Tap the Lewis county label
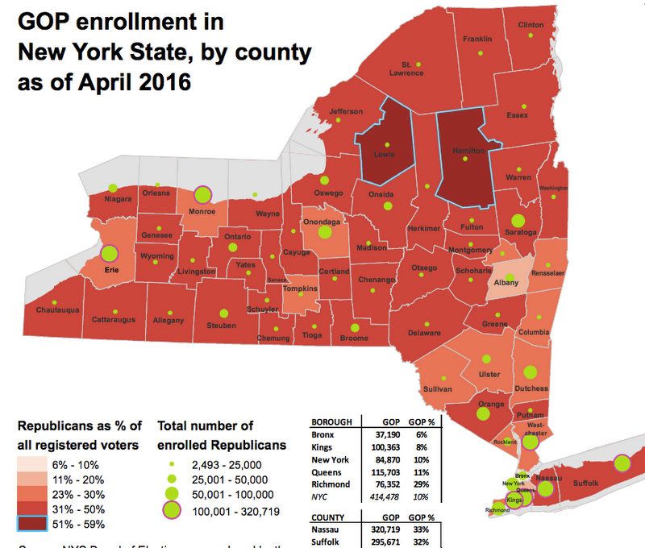pos(385,155)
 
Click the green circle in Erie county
pos(110,254)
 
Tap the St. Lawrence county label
pos(407,69)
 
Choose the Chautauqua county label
pos(56,309)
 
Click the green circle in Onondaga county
pos(325,232)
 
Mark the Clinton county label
pos(531,25)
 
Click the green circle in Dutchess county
pos(531,372)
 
